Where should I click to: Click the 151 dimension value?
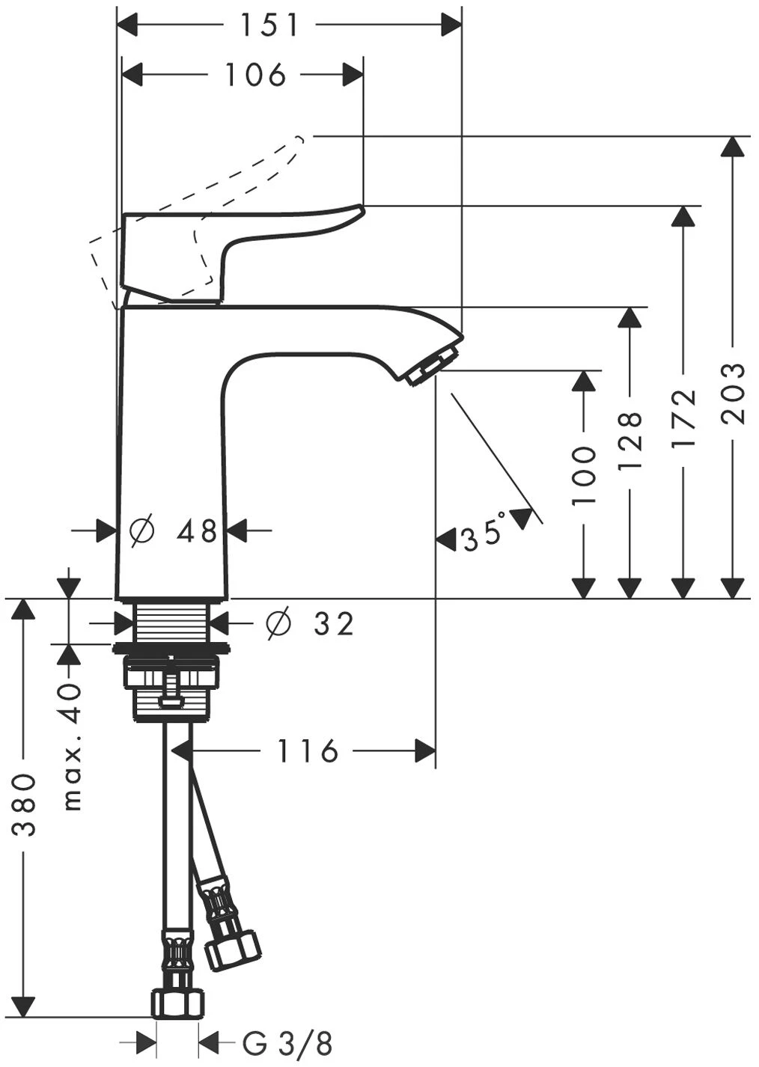coord(269,25)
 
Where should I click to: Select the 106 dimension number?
coord(256,74)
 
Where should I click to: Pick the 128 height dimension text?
coord(631,441)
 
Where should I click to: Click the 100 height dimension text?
coord(584,476)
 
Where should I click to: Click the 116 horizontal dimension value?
coord(308,750)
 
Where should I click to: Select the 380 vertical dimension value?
coord(25,804)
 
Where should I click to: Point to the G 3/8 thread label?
coord(287,1042)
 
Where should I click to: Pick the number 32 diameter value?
coord(333,623)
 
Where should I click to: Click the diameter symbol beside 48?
coord(141,531)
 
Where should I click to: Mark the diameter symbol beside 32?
coord(278,623)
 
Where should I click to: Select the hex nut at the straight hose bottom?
coord(177,1003)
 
